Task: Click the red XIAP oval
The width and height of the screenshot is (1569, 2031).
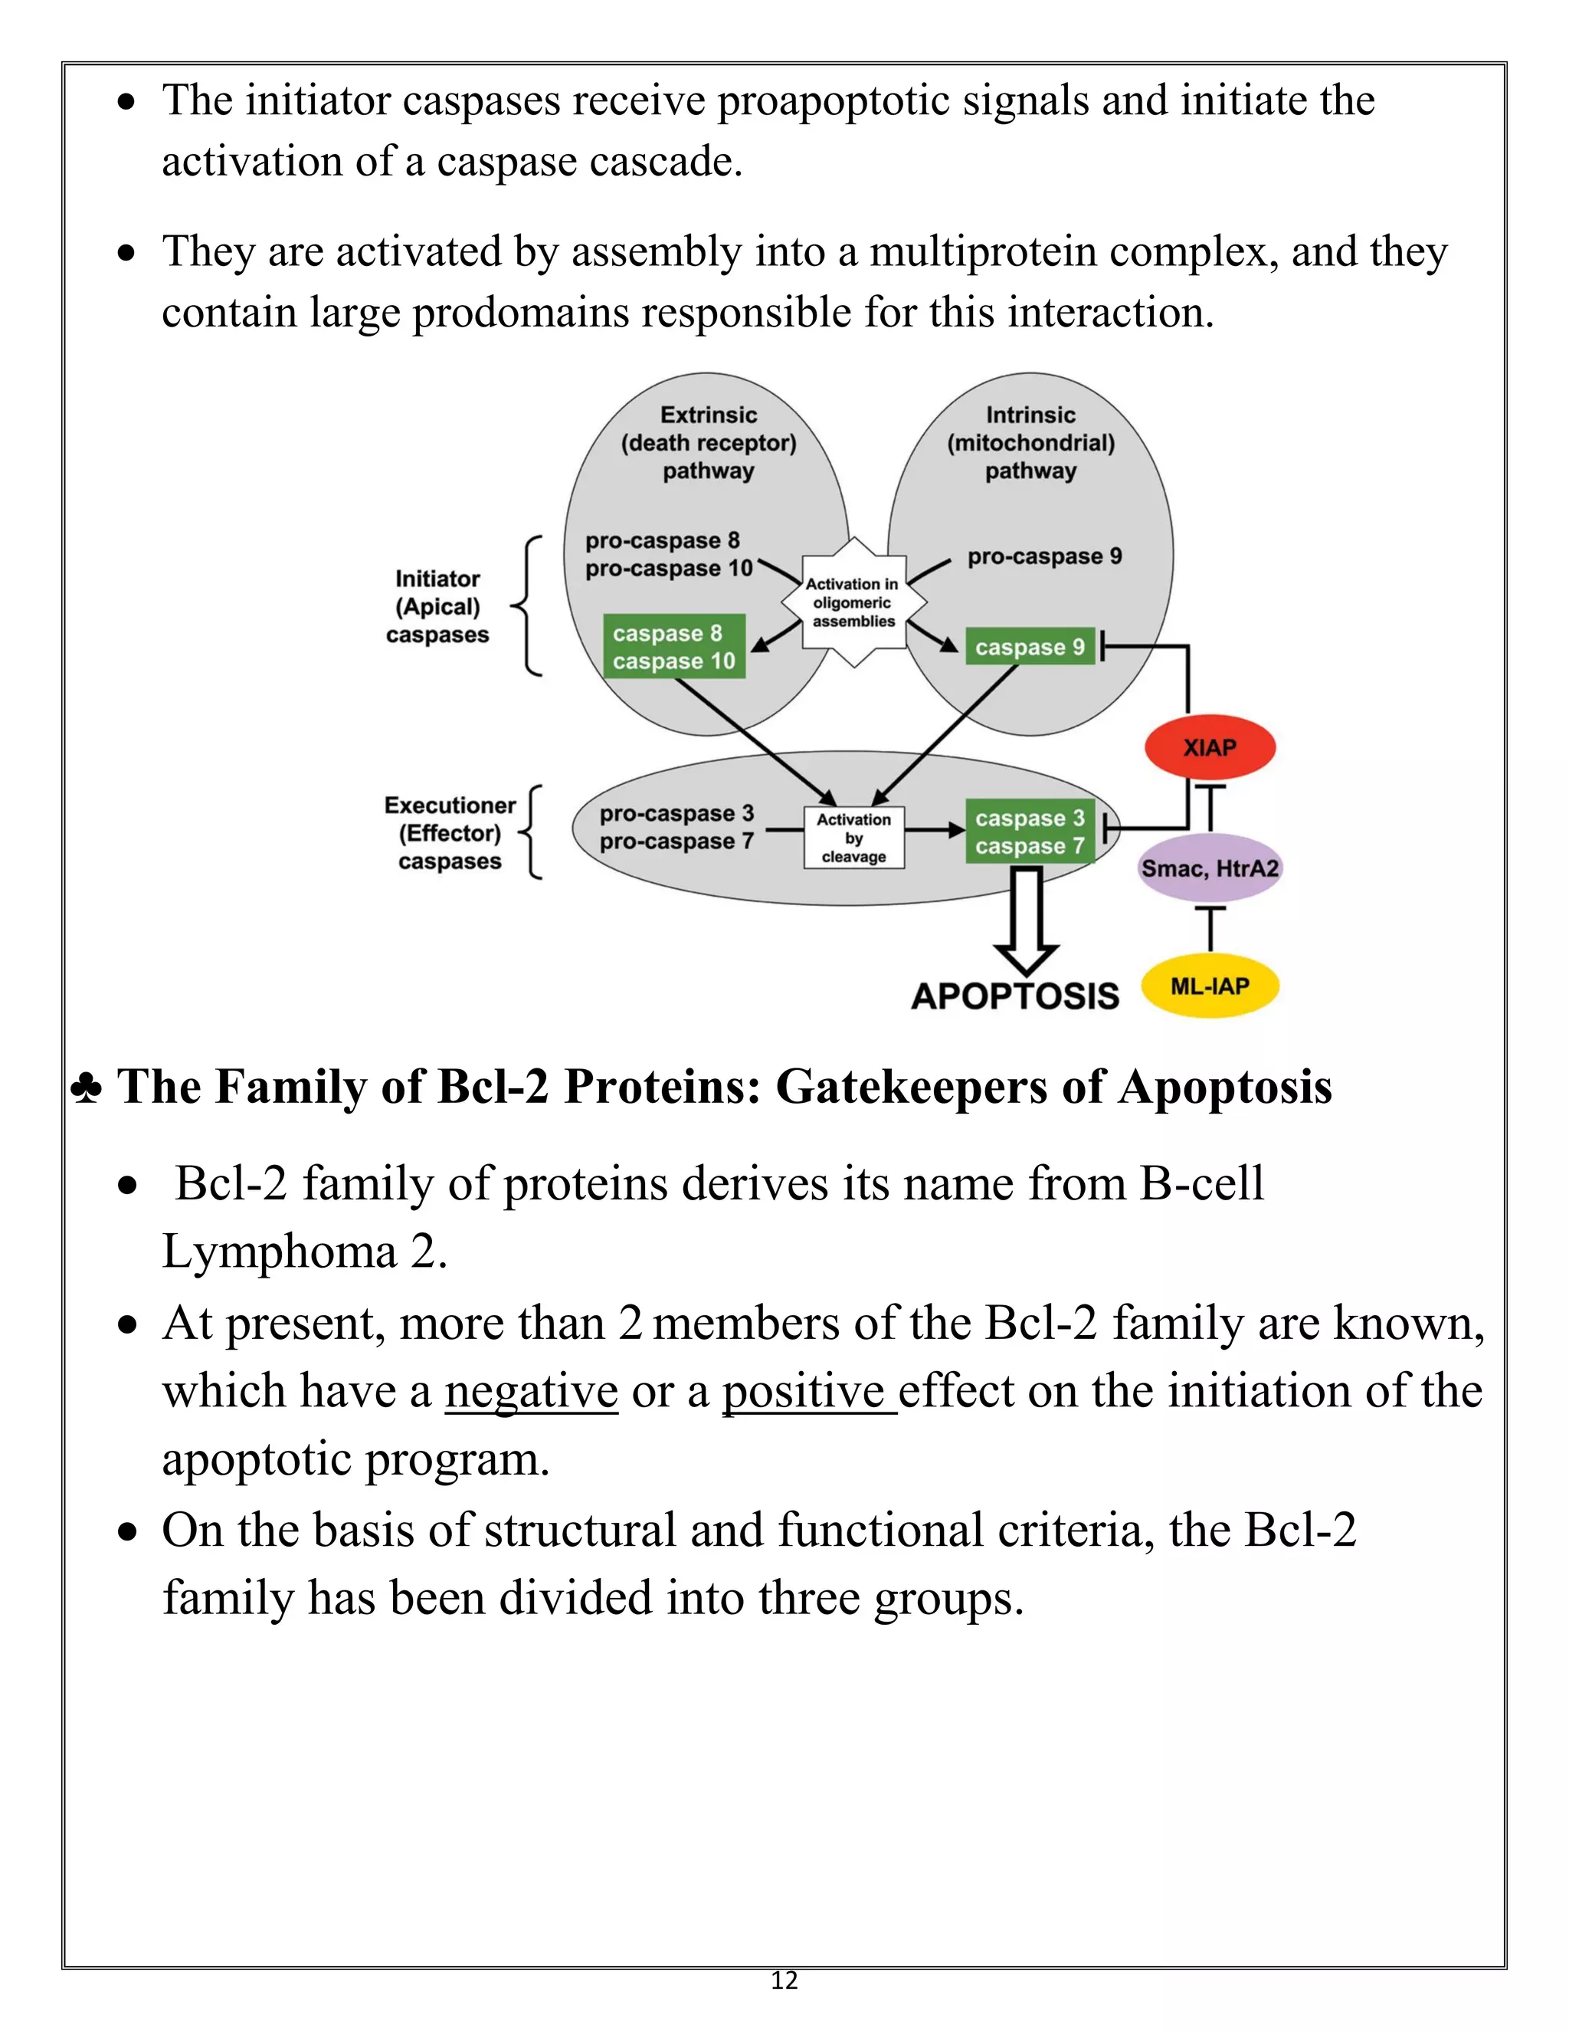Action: tap(1209, 748)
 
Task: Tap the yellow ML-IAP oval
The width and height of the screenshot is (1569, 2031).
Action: tap(1209, 986)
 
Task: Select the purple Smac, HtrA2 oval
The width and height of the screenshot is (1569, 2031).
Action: tap(1209, 868)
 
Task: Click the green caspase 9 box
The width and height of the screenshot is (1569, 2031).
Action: tap(1030, 648)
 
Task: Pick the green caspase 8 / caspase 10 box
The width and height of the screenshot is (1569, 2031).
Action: tap(674, 646)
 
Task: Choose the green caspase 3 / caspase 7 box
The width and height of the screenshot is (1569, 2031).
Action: tap(1030, 832)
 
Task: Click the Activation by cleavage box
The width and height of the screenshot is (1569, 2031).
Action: tap(853, 838)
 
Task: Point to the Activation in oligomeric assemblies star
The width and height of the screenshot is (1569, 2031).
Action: tap(853, 602)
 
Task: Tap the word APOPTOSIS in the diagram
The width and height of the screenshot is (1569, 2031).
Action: tap(1015, 996)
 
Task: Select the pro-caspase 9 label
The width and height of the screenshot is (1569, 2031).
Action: tap(1045, 556)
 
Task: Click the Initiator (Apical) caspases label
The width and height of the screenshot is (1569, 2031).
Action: tap(437, 606)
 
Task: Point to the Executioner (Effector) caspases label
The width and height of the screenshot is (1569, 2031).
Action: tap(450, 833)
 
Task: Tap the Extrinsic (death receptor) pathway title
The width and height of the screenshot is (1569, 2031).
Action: tap(709, 443)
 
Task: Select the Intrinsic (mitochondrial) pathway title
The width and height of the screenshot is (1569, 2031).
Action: tap(1031, 443)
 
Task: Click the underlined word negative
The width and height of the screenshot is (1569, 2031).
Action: tap(531, 1392)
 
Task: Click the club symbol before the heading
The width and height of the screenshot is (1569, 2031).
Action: tap(87, 1088)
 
